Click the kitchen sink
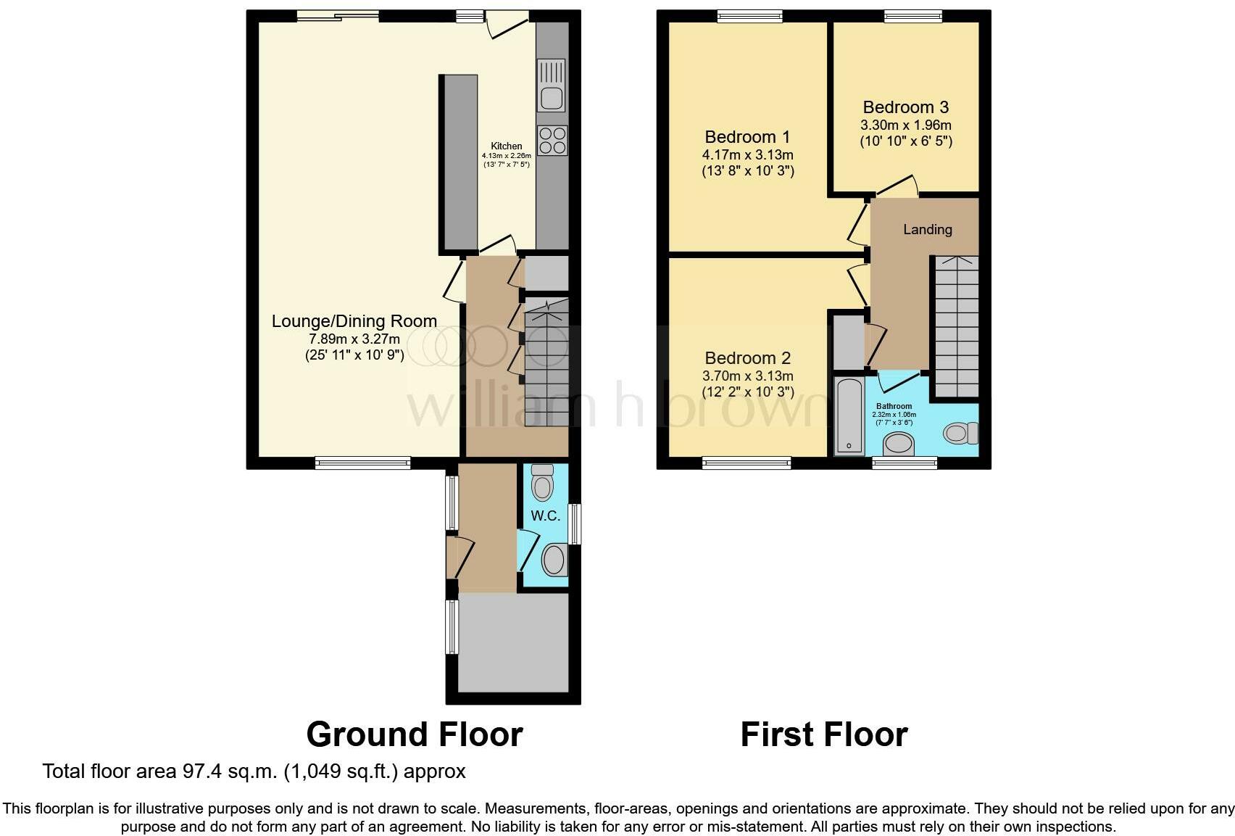pos(552,86)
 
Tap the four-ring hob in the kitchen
pos(552,140)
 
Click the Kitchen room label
pos(506,146)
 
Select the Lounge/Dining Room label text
pos(354,321)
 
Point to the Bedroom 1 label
pos(747,137)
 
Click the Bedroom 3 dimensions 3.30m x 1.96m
pos(906,125)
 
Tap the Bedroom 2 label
pos(748,358)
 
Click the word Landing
pos(928,229)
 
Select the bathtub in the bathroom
pos(849,415)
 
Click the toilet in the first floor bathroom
pos(961,433)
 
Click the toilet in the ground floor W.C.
pos(543,482)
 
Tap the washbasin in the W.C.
pos(554,560)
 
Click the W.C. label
pos(545,516)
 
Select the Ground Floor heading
pos(415,734)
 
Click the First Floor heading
pos(824,734)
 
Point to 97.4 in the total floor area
pos(201,771)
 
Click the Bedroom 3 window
pos(914,16)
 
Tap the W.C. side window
pos(575,524)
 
